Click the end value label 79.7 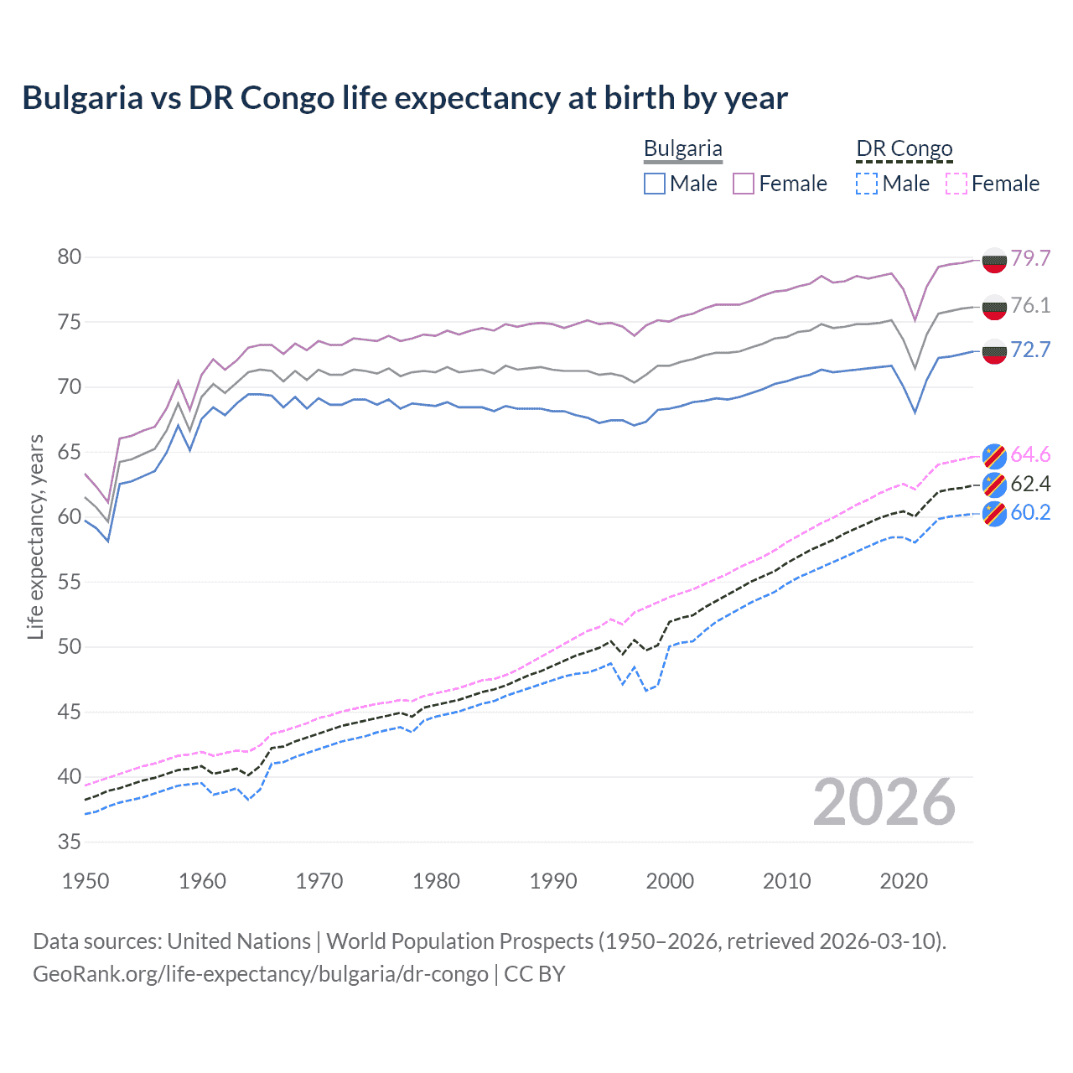click(x=1030, y=258)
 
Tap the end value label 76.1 click(x=1030, y=305)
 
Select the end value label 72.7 click(x=1030, y=350)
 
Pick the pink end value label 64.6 click(x=1030, y=454)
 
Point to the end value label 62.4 click(x=1030, y=484)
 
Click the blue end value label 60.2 click(x=1030, y=512)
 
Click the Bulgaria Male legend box click(x=655, y=184)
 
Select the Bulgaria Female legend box click(x=744, y=184)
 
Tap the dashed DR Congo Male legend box click(x=867, y=184)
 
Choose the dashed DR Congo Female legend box click(x=956, y=184)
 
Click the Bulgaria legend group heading click(x=682, y=148)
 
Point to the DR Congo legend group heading click(x=904, y=148)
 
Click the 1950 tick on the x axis click(x=86, y=881)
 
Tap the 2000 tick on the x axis click(x=670, y=881)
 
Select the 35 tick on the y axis click(x=70, y=842)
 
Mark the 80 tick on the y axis click(x=70, y=257)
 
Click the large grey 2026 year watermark click(x=884, y=802)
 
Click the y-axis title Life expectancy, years click(x=35, y=536)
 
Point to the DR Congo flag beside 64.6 click(x=994, y=454)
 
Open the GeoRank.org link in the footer click(x=260, y=974)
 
